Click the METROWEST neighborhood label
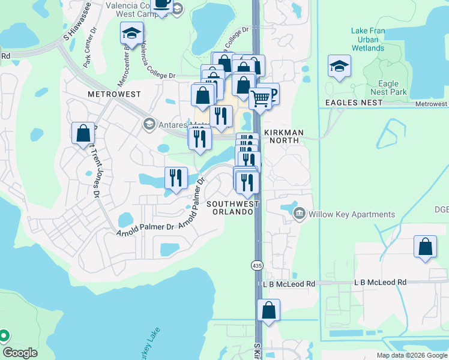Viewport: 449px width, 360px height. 113,94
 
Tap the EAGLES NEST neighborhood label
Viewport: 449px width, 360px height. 354,103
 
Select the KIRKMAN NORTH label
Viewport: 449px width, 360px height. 283,137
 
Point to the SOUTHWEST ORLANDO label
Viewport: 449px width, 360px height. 233,209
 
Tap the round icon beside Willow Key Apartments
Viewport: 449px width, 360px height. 300,214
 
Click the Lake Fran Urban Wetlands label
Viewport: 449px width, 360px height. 369,39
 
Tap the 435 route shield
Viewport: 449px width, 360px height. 257,265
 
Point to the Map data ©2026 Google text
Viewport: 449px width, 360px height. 411,355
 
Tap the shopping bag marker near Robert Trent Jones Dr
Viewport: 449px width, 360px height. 83,134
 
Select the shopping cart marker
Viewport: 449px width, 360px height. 260,98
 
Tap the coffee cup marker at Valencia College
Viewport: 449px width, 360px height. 161,5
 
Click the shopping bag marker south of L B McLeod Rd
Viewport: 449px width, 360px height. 269,311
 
